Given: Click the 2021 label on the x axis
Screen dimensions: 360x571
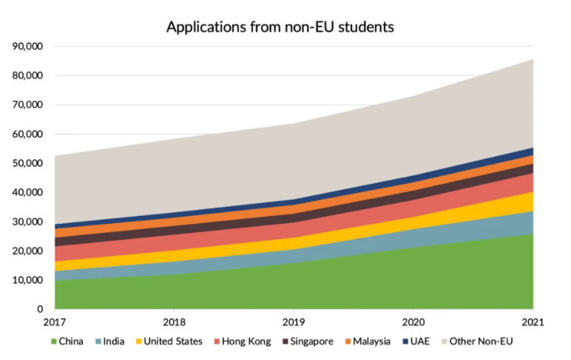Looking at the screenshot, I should click(x=533, y=322).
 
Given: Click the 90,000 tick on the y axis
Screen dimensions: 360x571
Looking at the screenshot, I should click(x=28, y=47).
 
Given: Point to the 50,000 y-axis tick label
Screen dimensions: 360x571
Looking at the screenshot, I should click(x=28, y=163).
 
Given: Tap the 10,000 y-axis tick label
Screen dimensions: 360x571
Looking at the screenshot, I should click(x=28, y=280).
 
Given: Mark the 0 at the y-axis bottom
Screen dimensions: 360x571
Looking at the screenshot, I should click(x=40, y=310).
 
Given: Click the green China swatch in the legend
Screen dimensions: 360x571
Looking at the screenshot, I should click(x=53, y=342).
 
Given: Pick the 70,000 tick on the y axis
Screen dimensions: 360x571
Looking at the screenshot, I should click(x=28, y=105).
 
